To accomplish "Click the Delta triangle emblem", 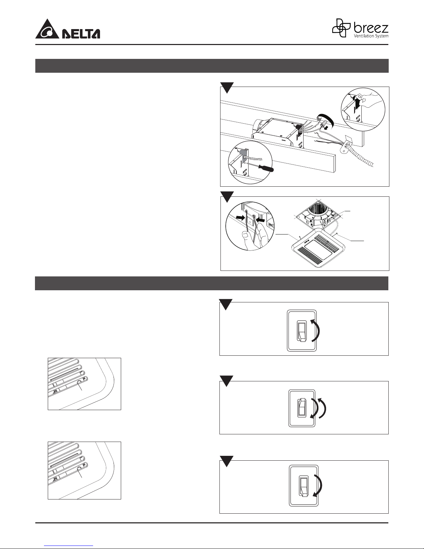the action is point(47,30).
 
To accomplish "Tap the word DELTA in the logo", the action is point(81,34).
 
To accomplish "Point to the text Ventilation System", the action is point(371,36).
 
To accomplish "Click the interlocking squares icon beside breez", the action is point(341,28).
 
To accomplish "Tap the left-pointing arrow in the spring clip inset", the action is point(260,220).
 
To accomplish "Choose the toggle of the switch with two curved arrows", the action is point(303,408).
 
